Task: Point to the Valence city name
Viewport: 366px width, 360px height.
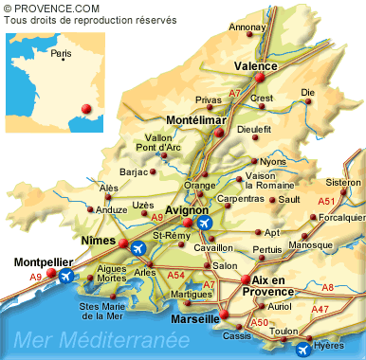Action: (255, 66)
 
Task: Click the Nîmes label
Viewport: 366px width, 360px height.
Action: (99, 242)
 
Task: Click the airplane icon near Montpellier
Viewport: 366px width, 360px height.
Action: (66, 276)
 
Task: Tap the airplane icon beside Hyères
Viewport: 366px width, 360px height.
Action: (302, 350)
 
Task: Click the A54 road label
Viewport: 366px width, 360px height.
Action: (175, 275)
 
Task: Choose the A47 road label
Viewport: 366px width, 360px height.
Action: (320, 310)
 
